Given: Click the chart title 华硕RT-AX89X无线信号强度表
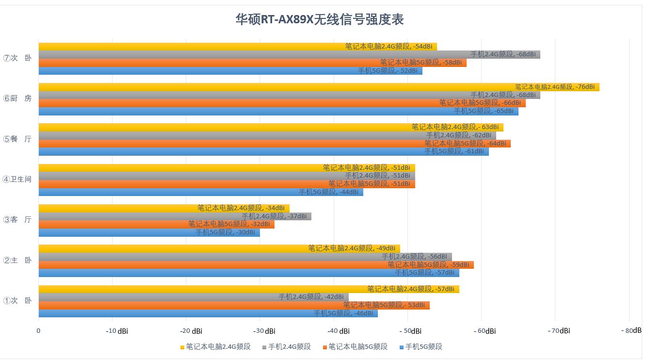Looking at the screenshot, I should [x=320, y=19].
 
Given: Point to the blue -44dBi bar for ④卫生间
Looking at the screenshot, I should [x=165, y=192].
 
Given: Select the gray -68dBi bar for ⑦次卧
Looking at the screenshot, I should [x=252, y=55].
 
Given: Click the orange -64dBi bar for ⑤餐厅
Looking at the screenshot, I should [x=228, y=144].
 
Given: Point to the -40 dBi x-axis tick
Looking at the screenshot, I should [x=338, y=331].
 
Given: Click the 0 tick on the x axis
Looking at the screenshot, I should [x=39, y=331].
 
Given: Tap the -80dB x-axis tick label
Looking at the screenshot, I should [x=631, y=330].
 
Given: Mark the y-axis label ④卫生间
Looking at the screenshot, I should [x=17, y=180].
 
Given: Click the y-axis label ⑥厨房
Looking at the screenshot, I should [x=17, y=98].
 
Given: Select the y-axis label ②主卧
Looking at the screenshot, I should [x=17, y=261].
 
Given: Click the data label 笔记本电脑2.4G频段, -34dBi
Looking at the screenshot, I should [x=241, y=208].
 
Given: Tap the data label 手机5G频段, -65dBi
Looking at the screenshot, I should [x=483, y=111].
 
